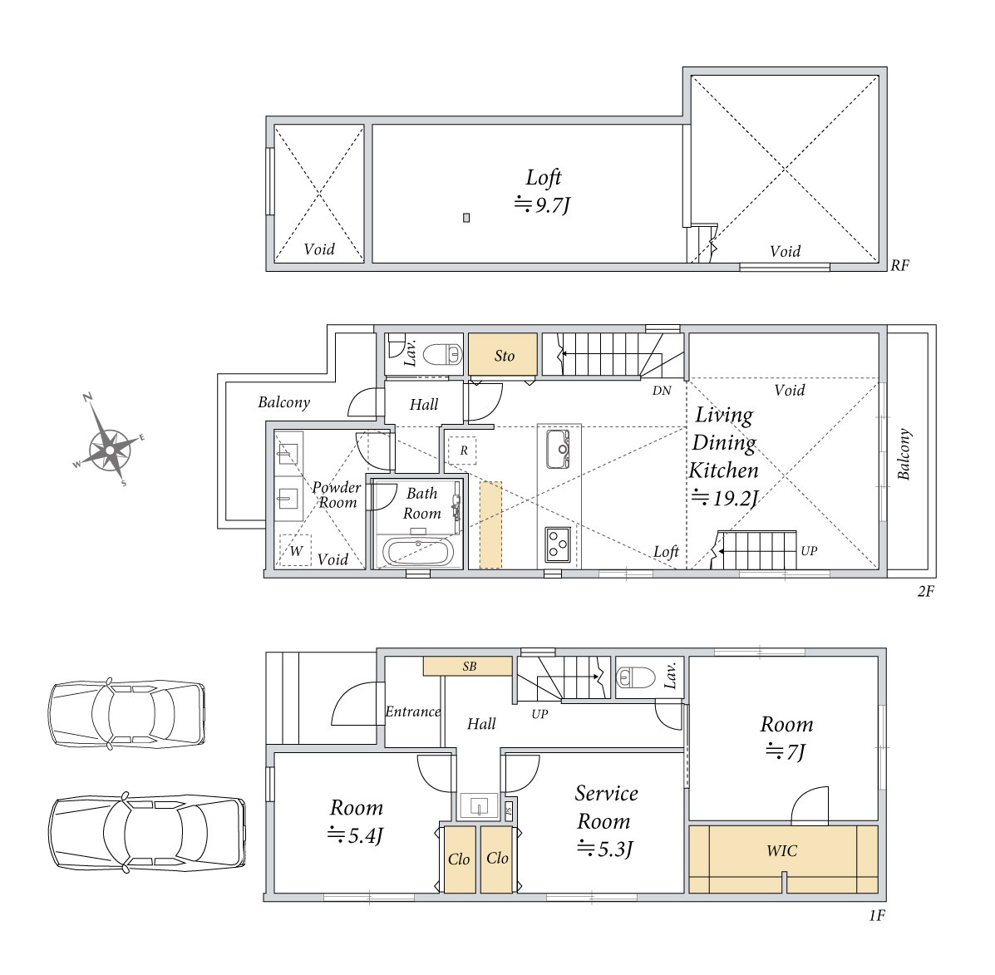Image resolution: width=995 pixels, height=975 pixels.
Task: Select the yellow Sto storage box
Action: coord(503,355)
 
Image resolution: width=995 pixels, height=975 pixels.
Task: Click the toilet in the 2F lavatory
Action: coord(442,354)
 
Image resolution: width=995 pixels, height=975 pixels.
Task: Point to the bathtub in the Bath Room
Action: coord(418,550)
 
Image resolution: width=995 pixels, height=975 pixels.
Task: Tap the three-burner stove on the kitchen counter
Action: coord(559,544)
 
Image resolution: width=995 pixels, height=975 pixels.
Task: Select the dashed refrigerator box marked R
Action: coord(463,451)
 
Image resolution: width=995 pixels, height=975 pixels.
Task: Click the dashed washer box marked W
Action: coord(296,550)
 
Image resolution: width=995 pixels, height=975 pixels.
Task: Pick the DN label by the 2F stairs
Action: coord(661,391)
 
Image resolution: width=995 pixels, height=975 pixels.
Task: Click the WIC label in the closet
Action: coord(781,850)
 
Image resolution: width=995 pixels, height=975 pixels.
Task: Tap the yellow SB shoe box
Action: coord(468,666)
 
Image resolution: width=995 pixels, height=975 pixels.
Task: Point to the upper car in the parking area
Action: coord(127,714)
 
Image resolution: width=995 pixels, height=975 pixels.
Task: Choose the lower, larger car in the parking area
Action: coord(147,831)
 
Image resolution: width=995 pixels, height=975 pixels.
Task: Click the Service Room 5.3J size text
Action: coord(606,849)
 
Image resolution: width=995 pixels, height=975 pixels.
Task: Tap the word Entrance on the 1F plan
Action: coord(412,712)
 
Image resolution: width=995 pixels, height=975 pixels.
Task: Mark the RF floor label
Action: coord(899,265)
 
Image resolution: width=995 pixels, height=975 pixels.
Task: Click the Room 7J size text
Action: coord(786,751)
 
